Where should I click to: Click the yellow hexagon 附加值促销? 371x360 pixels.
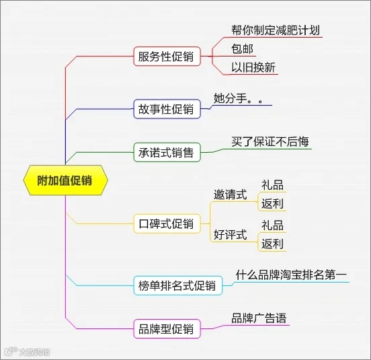[66, 180]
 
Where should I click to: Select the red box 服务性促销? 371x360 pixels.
[167, 57]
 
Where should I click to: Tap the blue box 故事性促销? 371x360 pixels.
[167, 109]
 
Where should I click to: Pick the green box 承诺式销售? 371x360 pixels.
[167, 152]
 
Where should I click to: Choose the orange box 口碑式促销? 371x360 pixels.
[167, 223]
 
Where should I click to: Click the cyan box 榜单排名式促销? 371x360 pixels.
[178, 285]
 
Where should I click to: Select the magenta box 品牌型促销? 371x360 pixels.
[167, 329]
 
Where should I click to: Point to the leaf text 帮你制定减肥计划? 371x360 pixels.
[276, 30]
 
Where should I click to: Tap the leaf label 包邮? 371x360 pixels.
[242, 49]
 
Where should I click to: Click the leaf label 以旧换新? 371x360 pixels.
[253, 67]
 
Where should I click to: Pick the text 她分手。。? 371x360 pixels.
[239, 98]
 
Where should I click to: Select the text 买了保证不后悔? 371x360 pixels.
[270, 141]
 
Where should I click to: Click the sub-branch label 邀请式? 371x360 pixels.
[231, 194]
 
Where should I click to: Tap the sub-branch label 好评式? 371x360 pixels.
[231, 235]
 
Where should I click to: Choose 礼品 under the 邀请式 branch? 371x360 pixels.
[272, 185]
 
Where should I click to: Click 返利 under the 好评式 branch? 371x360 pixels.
[272, 244]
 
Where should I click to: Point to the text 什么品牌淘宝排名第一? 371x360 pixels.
[291, 275]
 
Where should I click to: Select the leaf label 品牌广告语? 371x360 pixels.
[259, 318]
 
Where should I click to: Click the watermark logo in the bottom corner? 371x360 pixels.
[27, 352]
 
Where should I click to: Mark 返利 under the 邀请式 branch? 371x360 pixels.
[272, 203]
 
